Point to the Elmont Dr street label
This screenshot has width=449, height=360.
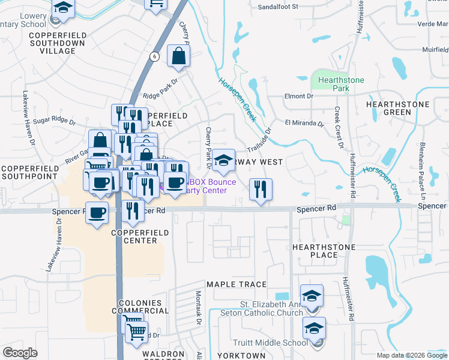pyautogui.click(x=299, y=96)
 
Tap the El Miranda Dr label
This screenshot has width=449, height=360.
pyautogui.click(x=304, y=124)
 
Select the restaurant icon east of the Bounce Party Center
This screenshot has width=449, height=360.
pyautogui.click(x=260, y=190)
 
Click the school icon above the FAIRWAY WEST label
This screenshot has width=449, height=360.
pyautogui.click(x=223, y=160)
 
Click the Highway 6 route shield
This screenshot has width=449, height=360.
pyautogui.click(x=155, y=56)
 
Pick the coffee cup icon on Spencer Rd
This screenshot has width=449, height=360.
pyautogui.click(x=97, y=212)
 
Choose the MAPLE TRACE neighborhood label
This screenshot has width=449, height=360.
pyautogui.click(x=236, y=284)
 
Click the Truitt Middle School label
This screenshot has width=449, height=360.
pyautogui.click(x=279, y=343)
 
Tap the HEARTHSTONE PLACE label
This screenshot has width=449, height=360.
pyautogui.click(x=323, y=251)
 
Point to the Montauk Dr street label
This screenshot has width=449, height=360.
pyautogui.click(x=198, y=308)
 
